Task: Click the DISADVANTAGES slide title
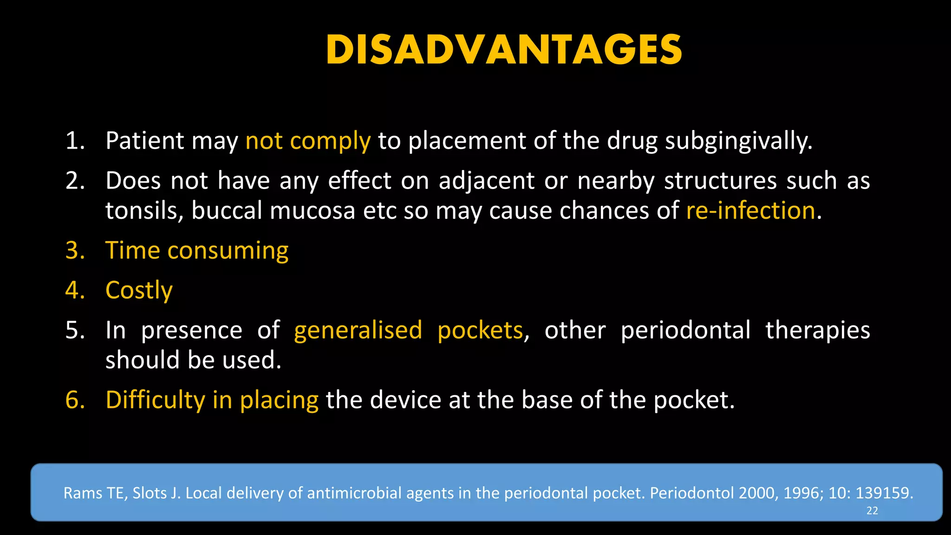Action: coord(504,50)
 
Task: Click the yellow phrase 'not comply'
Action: coord(308,141)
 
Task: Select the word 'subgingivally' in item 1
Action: coord(738,141)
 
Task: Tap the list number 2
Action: coord(75,181)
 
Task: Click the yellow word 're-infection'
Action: coord(750,211)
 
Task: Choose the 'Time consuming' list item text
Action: coord(197,251)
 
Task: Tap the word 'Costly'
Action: coord(139,291)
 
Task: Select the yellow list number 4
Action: coord(75,291)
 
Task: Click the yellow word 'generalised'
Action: coord(358,331)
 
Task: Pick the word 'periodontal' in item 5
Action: coord(685,331)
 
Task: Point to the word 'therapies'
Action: coord(818,331)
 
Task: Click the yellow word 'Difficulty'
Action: coord(155,400)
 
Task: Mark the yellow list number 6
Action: coord(75,400)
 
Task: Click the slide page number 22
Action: coord(872,511)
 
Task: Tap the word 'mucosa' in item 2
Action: coord(313,211)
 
